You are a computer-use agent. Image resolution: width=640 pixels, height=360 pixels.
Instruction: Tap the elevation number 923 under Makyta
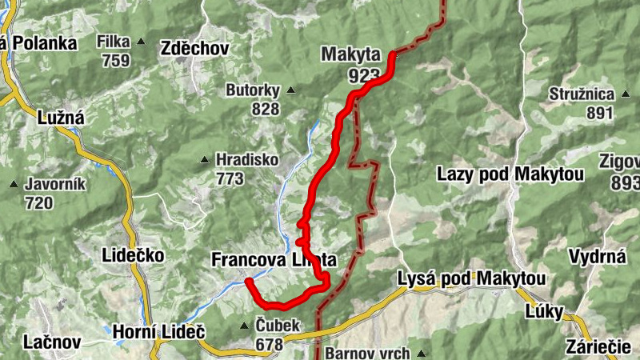[x=363, y=74]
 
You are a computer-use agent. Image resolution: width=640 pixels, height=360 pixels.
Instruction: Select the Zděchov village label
[x=194, y=48]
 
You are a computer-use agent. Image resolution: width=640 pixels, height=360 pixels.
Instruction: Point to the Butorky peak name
[x=254, y=90]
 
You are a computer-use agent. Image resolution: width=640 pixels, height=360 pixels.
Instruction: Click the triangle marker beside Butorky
[x=291, y=90]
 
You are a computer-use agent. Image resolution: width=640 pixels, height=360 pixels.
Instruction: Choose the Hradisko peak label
[x=246, y=160]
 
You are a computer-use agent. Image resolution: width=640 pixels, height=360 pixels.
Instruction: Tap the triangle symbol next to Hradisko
[x=206, y=159]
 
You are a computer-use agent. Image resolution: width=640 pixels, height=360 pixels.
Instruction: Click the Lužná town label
[x=60, y=118]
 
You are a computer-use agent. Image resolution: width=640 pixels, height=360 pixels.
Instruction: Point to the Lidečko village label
[x=134, y=256]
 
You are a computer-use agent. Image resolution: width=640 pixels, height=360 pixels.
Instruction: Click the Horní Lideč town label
[x=158, y=330]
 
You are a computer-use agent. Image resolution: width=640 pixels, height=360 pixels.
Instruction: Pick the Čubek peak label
[x=277, y=326]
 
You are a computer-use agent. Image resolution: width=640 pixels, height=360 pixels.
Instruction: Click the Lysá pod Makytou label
[x=472, y=279]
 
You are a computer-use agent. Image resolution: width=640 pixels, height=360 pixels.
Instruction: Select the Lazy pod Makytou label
[x=510, y=174]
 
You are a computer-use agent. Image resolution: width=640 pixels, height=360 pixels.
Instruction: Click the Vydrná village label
[x=597, y=257]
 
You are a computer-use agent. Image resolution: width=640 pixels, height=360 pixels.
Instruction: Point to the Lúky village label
[x=544, y=311]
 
